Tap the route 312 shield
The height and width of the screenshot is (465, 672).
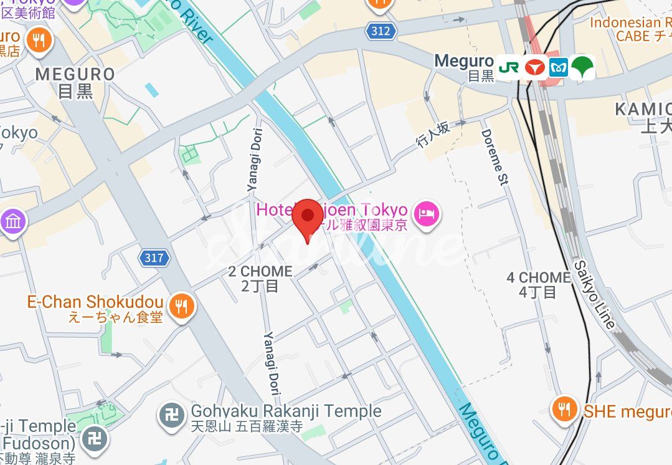(381, 31)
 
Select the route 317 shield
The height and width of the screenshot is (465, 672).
(154, 257)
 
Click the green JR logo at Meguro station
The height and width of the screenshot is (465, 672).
(508, 67)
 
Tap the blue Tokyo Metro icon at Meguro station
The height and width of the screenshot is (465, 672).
(558, 67)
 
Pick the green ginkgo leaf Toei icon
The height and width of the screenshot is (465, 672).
(582, 67)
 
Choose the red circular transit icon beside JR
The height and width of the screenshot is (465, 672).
(534, 67)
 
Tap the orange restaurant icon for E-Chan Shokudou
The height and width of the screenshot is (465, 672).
(182, 306)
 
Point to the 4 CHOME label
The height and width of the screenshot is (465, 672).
(539, 284)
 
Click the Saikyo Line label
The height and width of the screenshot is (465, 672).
(594, 294)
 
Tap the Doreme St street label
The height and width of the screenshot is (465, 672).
(495, 158)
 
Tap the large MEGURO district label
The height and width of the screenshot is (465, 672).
(75, 82)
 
